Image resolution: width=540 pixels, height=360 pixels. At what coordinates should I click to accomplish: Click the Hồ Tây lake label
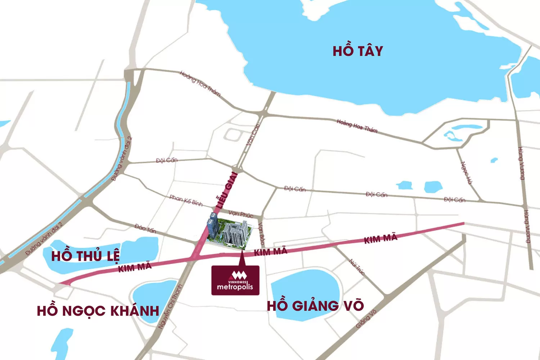point(357,51)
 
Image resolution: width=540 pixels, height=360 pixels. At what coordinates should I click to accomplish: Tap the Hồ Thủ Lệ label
point(85,256)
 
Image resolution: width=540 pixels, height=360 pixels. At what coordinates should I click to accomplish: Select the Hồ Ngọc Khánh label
point(98,311)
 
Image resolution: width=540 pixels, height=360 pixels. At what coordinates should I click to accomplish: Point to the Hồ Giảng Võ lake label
point(315,306)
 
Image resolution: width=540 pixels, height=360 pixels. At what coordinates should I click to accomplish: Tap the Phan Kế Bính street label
point(186,200)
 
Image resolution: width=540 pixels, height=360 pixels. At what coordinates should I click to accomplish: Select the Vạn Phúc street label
point(241,214)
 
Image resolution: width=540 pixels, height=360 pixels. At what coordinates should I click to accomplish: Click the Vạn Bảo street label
point(262,234)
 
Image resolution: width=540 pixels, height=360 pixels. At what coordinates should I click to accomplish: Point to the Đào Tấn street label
point(145,228)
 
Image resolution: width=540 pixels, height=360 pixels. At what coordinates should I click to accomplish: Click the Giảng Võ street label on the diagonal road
point(366,319)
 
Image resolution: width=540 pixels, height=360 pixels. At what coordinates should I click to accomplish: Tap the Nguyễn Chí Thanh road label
point(171,306)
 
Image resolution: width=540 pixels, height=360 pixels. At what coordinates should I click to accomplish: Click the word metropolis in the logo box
point(235,287)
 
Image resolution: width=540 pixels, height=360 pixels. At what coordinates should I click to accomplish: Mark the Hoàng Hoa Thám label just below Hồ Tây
point(357,126)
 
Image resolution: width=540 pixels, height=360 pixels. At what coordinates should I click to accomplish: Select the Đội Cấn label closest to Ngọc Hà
point(454,199)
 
